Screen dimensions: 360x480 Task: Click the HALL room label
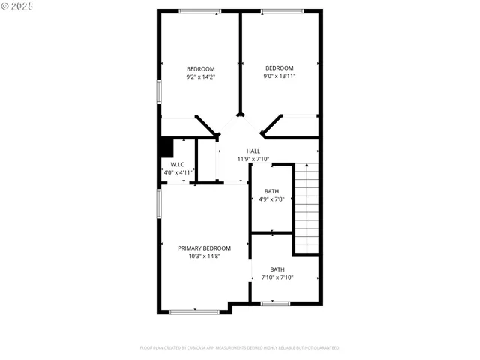253,151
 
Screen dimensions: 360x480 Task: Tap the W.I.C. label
178,165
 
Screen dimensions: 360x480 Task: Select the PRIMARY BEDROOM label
204,248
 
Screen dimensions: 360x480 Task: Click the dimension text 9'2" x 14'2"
200,76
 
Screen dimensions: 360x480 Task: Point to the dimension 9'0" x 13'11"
280,76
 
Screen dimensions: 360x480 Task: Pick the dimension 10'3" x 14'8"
204,256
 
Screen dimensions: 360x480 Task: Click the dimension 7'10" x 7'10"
277,277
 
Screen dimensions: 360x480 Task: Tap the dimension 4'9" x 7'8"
271,199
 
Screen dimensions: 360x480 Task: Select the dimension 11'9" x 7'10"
253,159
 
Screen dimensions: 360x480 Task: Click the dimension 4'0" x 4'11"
179,172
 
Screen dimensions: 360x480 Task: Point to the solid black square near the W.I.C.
166,147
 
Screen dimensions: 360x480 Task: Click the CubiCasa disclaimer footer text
239,348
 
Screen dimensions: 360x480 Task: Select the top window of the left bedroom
199,11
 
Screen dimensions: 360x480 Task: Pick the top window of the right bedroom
282,11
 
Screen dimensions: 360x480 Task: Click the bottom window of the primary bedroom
193,310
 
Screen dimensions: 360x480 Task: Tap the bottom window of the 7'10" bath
276,303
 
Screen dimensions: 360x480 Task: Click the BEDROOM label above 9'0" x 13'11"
280,67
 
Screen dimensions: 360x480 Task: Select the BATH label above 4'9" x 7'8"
271,191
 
